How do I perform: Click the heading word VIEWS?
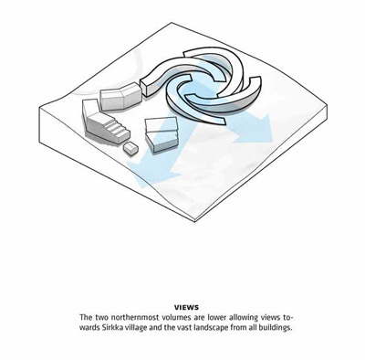[x=186, y=308]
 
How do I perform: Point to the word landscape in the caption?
[x=212, y=329]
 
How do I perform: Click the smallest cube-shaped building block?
[x=130, y=149]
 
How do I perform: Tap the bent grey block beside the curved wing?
[x=120, y=96]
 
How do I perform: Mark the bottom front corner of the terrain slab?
[x=194, y=223]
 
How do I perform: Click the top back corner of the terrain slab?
[x=168, y=23]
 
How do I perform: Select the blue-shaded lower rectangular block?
[x=162, y=142]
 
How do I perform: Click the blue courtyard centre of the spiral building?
[x=204, y=87]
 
